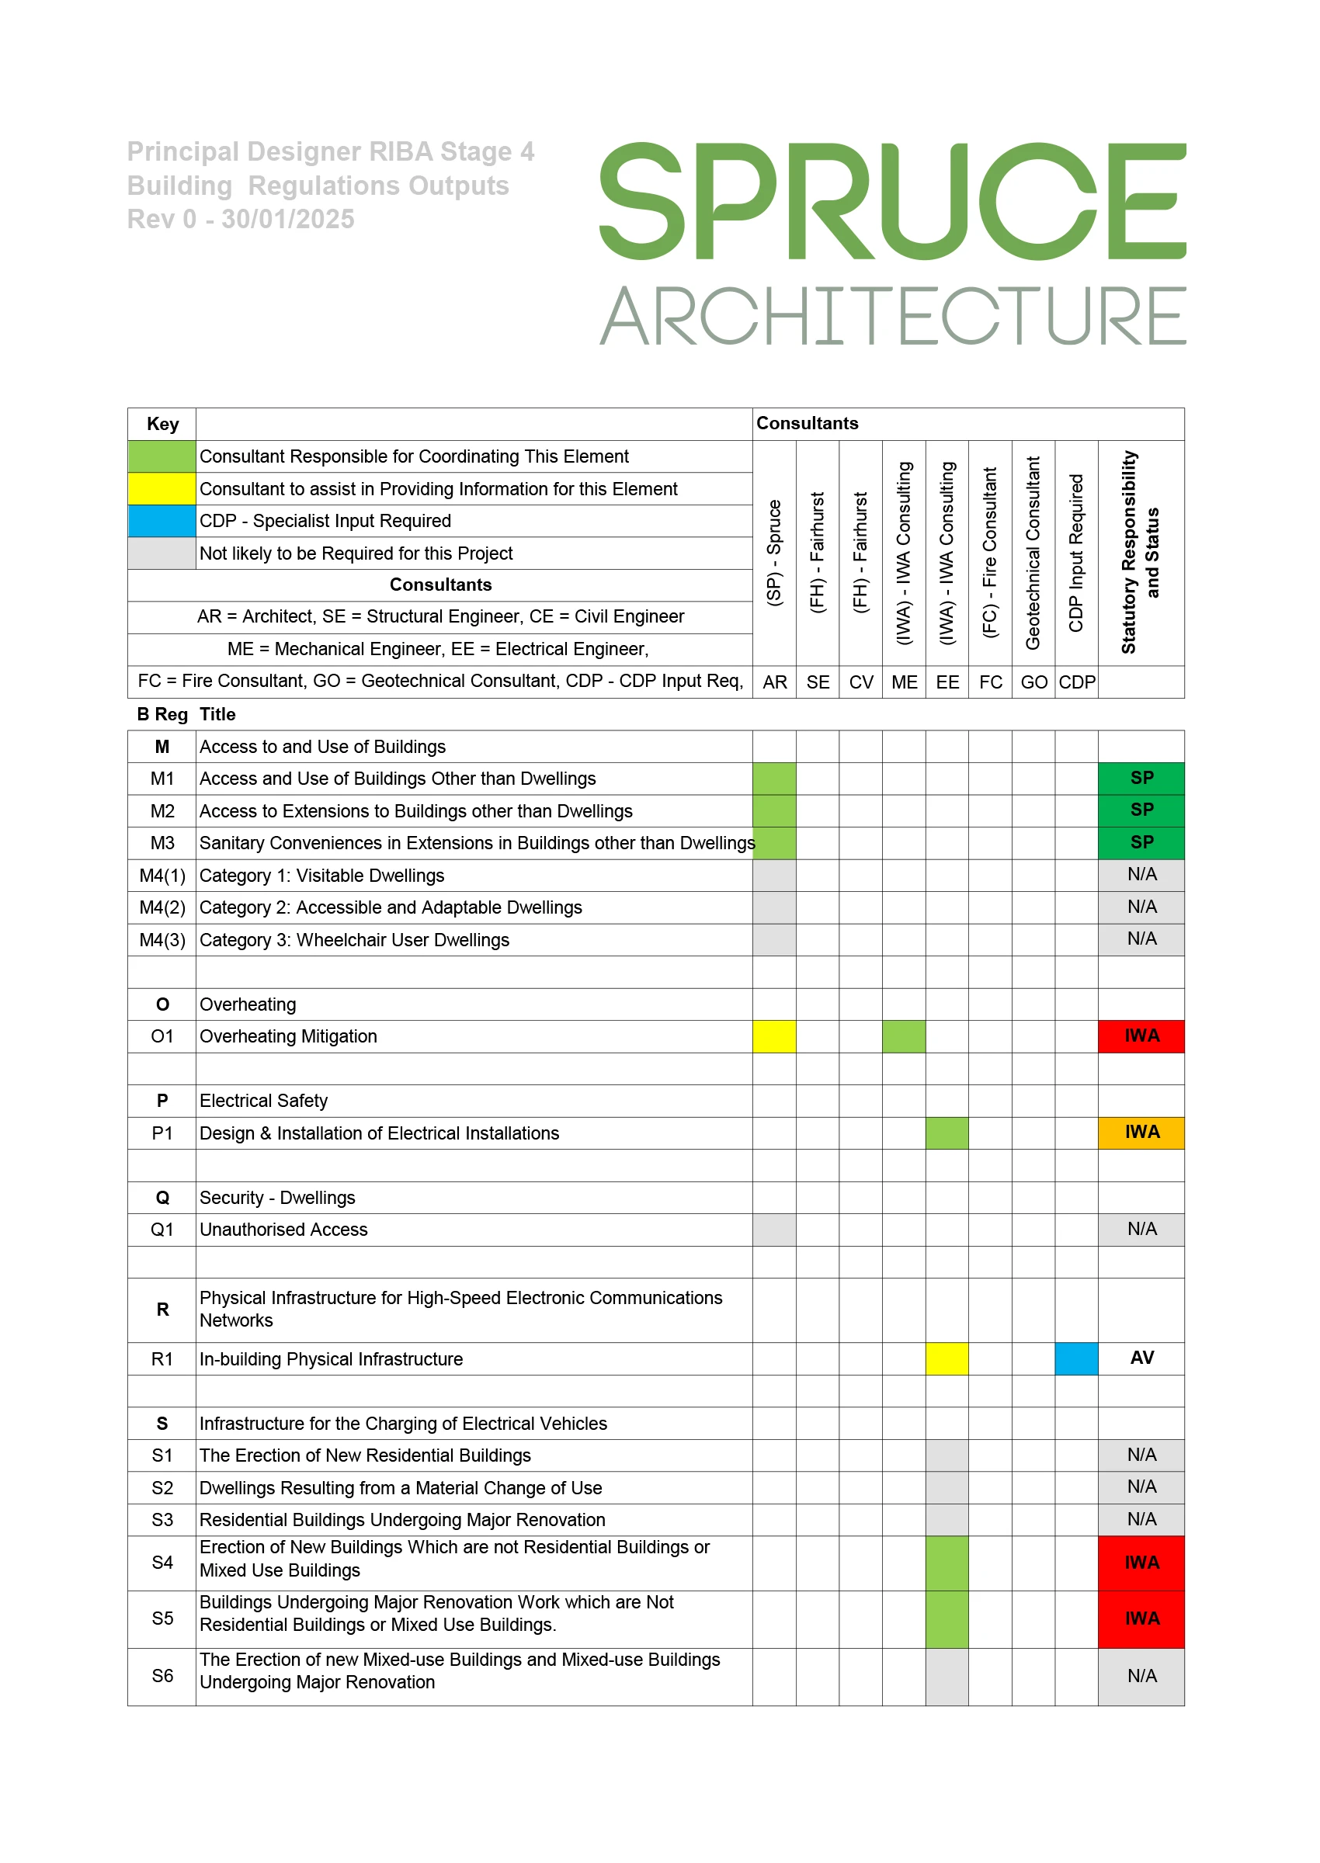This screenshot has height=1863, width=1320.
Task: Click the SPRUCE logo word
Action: point(891,201)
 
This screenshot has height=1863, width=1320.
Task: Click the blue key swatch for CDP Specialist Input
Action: point(162,521)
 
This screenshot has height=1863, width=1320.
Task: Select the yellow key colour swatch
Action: point(162,488)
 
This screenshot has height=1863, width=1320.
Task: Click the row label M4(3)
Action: point(162,940)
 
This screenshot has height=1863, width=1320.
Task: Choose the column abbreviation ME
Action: point(904,682)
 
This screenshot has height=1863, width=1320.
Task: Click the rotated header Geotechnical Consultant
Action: point(1032,553)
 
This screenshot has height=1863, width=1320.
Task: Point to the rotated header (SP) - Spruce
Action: point(774,553)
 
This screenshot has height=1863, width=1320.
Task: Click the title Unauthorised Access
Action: point(283,1230)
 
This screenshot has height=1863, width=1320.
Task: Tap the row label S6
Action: point(162,1675)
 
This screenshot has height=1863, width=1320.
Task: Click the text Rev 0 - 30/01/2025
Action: point(241,220)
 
